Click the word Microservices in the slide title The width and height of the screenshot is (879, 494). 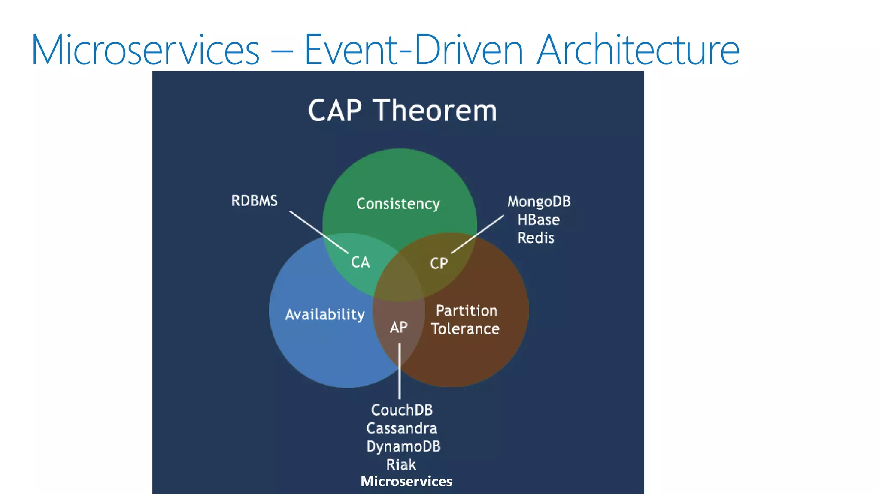coord(145,50)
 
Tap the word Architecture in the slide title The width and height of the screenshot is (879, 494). coord(638,50)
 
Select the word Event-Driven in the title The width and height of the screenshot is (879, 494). coord(413,50)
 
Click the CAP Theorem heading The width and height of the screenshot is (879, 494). coord(402,111)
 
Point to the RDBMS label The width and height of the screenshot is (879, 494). coord(254,201)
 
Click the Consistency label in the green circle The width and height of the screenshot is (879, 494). coord(398,204)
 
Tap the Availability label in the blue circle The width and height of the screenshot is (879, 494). coord(324,314)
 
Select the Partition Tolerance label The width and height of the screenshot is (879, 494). coord(466,319)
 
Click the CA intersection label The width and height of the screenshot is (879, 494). coord(360,262)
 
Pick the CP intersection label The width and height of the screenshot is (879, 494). coord(439,263)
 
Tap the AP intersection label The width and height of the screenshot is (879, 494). coord(398,328)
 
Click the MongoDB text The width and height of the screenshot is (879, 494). coord(539,202)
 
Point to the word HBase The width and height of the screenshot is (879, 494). coord(538,220)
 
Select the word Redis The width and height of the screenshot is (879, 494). coord(536,238)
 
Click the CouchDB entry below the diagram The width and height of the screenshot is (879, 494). coord(402,410)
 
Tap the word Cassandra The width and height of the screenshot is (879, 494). coord(401,428)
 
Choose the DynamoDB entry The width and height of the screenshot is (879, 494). coord(403,446)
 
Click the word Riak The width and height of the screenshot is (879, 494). coord(401,464)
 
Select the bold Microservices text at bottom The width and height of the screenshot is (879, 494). coord(406,481)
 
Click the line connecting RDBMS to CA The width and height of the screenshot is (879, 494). coord(318,232)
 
